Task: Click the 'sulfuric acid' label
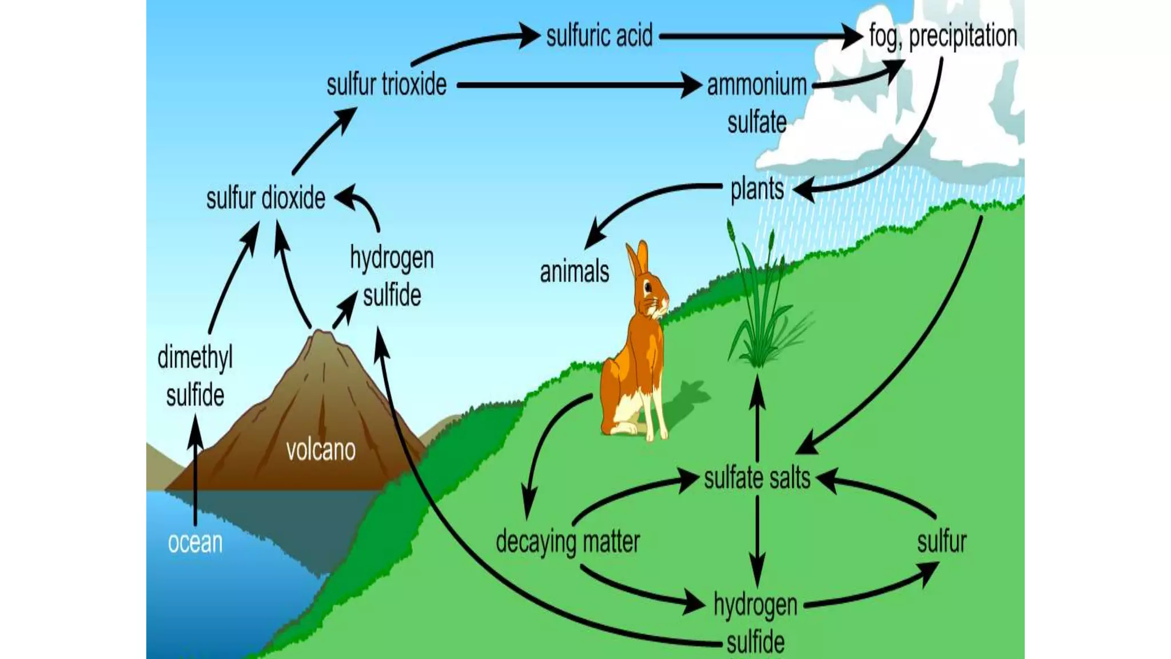tap(599, 36)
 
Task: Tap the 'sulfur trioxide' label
tap(387, 85)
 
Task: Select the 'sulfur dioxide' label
tap(265, 199)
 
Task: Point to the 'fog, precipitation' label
tap(942, 36)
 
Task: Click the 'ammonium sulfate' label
tap(756, 104)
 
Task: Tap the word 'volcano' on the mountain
tap(320, 450)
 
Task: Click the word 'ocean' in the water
tap(195, 542)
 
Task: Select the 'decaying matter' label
tap(567, 541)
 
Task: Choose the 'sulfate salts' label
tap(756, 478)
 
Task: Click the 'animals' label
tap(574, 272)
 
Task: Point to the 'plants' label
tap(756, 189)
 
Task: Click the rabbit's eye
tap(648, 286)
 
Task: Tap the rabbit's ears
tap(637, 258)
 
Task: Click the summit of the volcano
tap(322, 334)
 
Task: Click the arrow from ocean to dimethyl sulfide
tap(196, 469)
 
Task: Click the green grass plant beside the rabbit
tap(758, 309)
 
